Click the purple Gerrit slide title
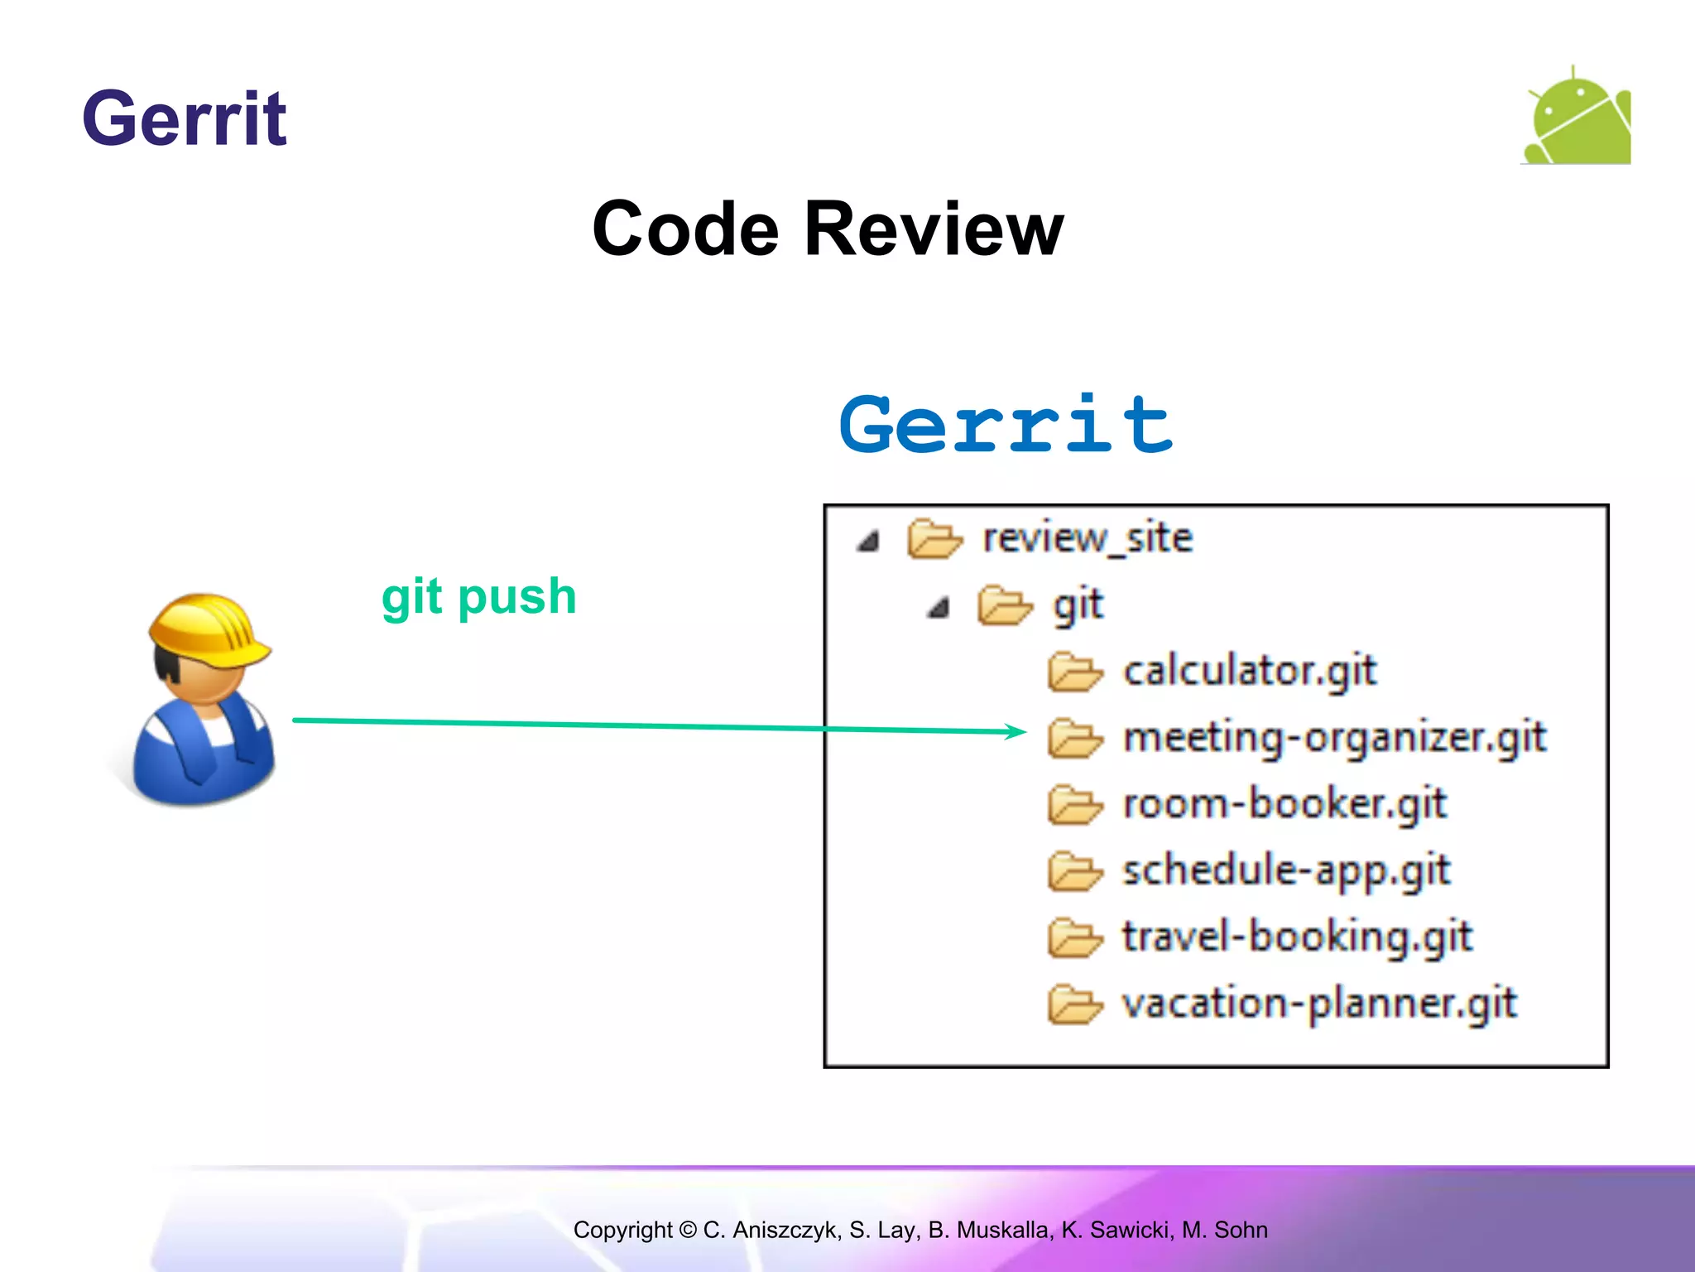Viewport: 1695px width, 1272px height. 185,119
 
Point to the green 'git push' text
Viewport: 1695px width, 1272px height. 478,596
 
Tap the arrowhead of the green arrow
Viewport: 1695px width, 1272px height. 1016,730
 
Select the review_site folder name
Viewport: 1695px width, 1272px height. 1088,538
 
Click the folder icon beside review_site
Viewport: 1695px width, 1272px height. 934,539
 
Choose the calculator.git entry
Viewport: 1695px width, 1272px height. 1250,671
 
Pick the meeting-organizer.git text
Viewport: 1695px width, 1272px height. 1334,737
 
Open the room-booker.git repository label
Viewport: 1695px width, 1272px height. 1284,804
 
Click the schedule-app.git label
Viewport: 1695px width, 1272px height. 1286,870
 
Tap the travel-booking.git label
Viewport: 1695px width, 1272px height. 1297,937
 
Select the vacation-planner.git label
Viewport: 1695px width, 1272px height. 1319,1004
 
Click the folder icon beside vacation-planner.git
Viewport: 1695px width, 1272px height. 1074,1005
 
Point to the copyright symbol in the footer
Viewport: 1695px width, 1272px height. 688,1230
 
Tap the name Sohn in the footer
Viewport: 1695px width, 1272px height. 1241,1230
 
